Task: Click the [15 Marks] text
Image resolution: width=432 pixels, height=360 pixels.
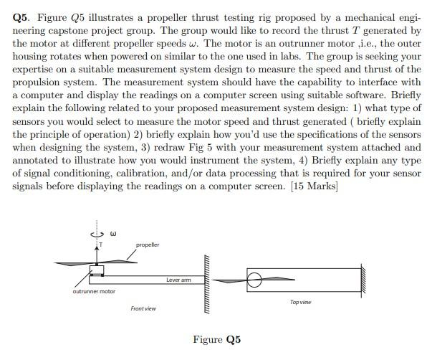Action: click(x=303, y=187)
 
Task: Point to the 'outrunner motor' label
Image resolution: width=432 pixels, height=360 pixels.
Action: click(x=94, y=291)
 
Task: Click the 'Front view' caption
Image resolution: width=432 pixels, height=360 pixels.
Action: click(x=143, y=308)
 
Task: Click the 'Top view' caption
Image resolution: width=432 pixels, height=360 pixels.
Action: click(x=301, y=302)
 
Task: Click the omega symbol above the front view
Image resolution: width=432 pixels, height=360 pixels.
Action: click(x=112, y=232)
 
